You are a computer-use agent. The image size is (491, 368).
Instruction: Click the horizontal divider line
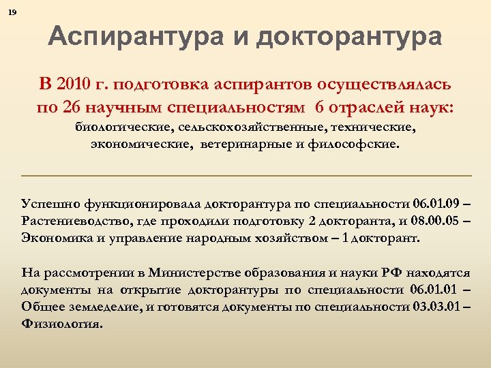246,177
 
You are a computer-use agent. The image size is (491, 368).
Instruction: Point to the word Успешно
50,203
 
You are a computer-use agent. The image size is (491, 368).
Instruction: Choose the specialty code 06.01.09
434,203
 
